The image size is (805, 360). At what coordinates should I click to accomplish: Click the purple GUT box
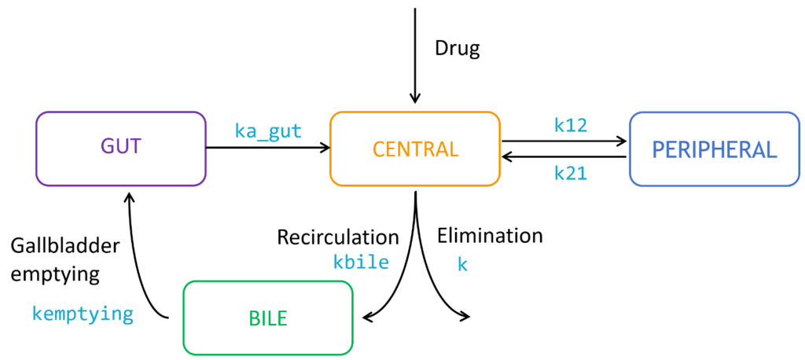[120, 149]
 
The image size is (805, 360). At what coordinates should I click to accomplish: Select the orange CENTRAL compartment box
[414, 149]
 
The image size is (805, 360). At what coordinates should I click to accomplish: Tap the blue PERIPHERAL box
[714, 149]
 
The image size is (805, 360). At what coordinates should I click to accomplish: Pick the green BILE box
[267, 318]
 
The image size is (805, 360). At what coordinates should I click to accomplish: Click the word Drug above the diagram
[457, 49]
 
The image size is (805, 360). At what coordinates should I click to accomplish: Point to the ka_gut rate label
[268, 130]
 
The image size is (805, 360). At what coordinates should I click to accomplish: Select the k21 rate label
[570, 174]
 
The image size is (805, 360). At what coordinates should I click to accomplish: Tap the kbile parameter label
[361, 262]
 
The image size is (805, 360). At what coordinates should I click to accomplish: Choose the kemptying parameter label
[83, 314]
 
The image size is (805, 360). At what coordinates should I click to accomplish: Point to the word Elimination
[490, 235]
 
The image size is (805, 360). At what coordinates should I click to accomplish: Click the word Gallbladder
[65, 246]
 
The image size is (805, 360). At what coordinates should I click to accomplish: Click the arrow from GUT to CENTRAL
[267, 147]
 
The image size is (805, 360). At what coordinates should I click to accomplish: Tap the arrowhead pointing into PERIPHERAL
[623, 141]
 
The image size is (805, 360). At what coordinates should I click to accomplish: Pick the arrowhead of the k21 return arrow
[507, 156]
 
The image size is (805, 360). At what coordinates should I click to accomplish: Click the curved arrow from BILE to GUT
[142, 252]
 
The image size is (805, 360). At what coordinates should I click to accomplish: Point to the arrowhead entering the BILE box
[367, 318]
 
